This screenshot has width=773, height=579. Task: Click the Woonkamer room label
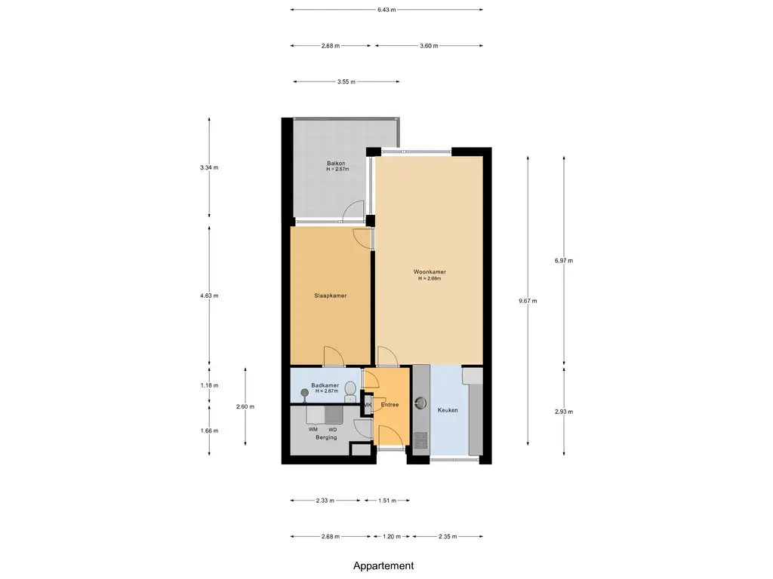click(x=430, y=271)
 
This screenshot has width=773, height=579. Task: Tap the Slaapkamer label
click(x=331, y=296)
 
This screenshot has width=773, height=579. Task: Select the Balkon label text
click(x=336, y=164)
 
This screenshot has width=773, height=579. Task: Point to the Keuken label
click(x=448, y=410)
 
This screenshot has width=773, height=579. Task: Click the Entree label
click(x=390, y=405)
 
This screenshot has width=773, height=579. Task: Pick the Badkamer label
click(x=325, y=385)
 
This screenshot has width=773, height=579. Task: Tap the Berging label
click(x=326, y=437)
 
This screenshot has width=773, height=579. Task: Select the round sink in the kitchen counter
click(x=420, y=403)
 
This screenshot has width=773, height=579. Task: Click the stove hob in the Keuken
click(x=420, y=440)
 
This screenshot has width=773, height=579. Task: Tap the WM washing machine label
click(x=313, y=430)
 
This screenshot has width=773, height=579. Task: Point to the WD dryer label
click(x=333, y=430)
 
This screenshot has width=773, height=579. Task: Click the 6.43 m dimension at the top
click(x=386, y=9)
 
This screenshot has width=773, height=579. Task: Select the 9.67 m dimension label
click(x=528, y=301)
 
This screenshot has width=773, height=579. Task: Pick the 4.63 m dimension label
click(x=209, y=296)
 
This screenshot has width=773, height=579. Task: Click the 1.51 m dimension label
click(x=387, y=501)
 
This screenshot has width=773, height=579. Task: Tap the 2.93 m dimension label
click(x=564, y=412)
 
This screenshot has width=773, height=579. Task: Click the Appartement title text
click(x=383, y=566)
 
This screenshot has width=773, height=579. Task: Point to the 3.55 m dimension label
click(x=346, y=81)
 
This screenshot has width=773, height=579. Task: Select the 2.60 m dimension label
click(x=245, y=406)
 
